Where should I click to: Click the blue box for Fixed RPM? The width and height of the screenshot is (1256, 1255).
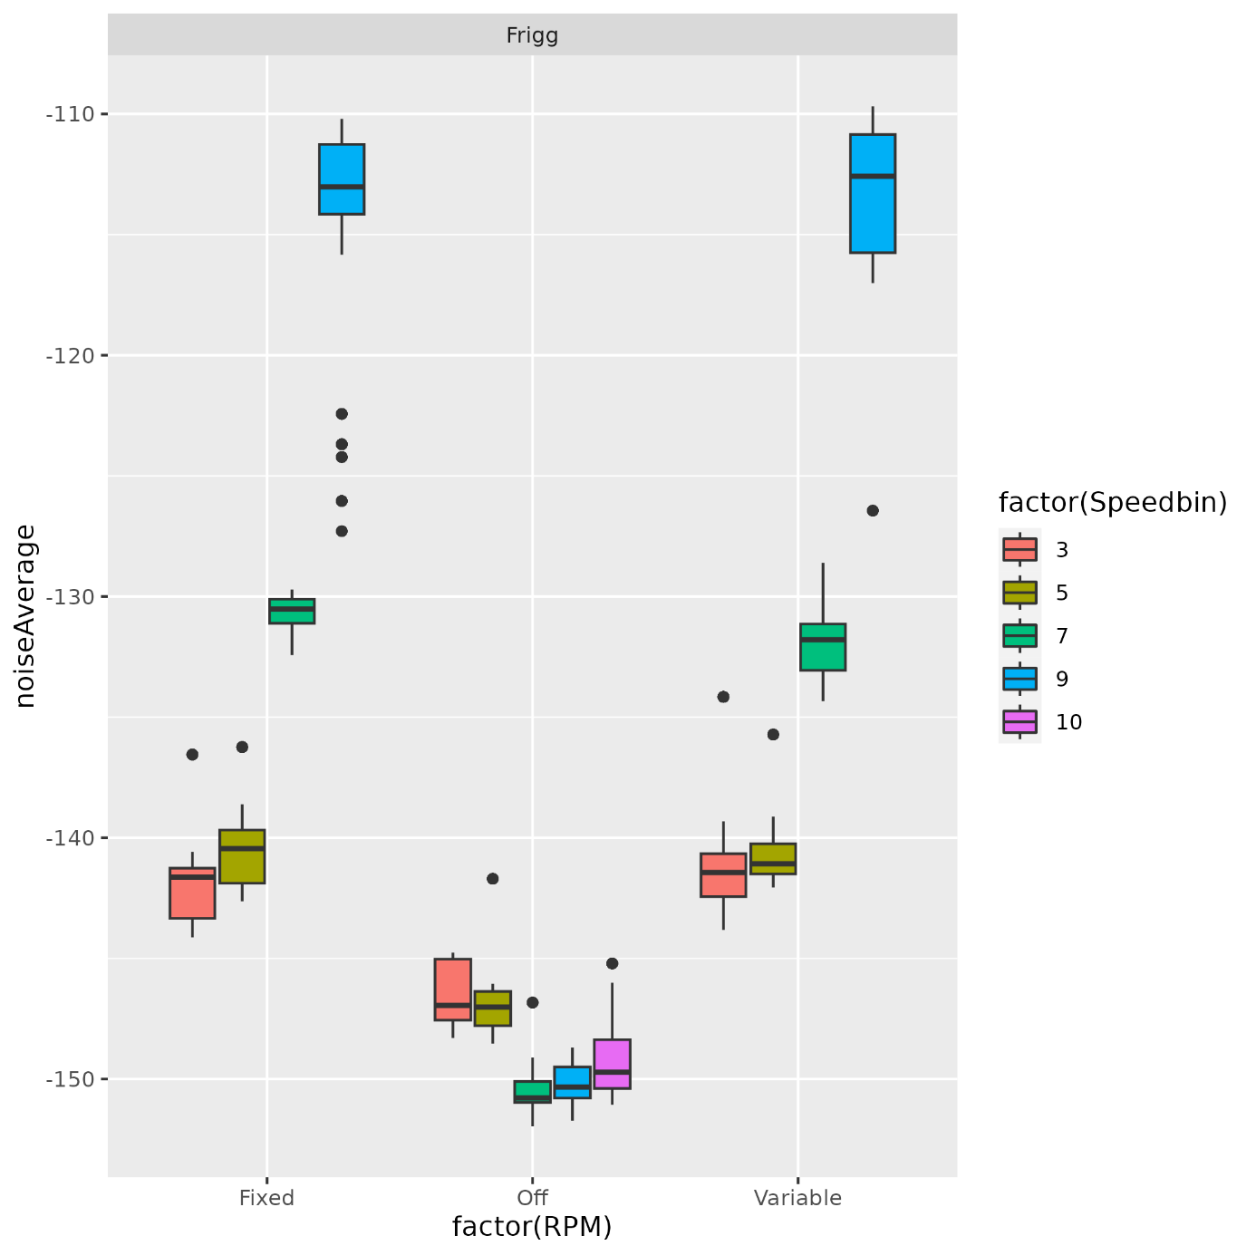[341, 179]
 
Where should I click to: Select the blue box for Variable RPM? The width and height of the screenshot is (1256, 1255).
[872, 193]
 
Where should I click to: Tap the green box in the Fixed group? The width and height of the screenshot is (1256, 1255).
[292, 611]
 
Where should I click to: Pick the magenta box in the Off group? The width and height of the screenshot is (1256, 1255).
[612, 1064]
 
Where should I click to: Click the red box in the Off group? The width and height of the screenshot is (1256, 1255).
[452, 989]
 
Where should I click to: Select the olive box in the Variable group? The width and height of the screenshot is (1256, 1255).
[773, 858]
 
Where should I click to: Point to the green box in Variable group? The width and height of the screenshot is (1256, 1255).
[822, 646]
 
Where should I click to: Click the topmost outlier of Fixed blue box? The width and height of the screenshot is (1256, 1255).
[342, 414]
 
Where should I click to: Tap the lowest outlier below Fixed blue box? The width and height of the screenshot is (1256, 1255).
[342, 531]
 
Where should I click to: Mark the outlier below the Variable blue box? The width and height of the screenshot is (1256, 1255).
[873, 511]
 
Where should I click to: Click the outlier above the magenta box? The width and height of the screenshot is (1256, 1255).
[612, 963]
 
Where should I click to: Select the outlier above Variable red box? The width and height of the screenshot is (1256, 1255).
[723, 697]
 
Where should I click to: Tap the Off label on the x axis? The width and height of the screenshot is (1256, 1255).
[532, 1198]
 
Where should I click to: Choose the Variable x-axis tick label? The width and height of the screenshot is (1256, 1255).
[797, 1198]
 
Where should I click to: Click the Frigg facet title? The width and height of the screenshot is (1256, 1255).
[532, 35]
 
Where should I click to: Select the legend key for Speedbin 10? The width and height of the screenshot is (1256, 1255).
[1019, 722]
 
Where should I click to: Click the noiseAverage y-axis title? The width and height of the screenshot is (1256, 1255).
[25, 615]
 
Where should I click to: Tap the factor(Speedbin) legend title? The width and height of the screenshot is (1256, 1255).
[1112, 502]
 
